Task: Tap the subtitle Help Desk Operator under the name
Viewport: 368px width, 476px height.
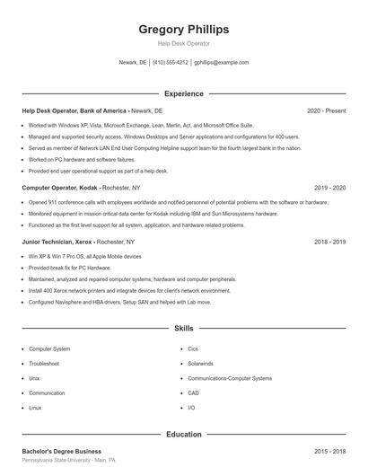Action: tap(183, 43)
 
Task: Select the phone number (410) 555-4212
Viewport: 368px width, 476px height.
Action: tap(171, 63)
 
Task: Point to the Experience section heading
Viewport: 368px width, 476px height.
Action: tap(183, 93)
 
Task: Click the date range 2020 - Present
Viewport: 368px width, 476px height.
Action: tap(326, 110)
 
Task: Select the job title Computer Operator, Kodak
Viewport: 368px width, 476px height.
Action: tap(59, 189)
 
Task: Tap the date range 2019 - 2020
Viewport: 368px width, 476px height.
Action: tap(330, 189)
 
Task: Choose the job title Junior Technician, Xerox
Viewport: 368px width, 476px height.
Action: tap(57, 242)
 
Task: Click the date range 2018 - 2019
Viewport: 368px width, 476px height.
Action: tap(330, 242)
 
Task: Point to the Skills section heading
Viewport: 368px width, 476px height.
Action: tap(183, 330)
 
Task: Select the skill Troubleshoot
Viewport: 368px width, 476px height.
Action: tap(44, 364)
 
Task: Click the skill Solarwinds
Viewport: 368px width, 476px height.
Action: tap(200, 364)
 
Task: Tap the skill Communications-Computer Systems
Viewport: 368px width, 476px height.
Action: tap(230, 378)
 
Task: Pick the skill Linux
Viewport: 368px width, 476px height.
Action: tap(35, 408)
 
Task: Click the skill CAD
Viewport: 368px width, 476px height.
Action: tap(193, 393)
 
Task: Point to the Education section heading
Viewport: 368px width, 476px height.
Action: tap(183, 435)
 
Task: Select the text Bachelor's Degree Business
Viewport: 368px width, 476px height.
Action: tap(61, 451)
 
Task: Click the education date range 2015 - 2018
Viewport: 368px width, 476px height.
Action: tap(330, 451)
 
